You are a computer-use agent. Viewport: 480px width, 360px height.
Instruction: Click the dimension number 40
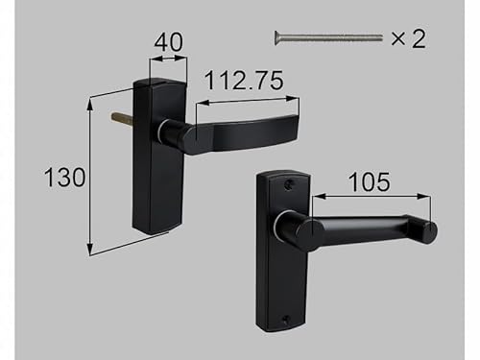(x=169, y=42)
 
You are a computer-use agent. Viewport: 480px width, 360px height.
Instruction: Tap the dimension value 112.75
(x=244, y=80)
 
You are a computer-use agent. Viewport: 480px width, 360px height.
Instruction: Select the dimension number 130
(x=64, y=177)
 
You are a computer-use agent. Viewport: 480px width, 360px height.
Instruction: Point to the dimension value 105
(x=369, y=181)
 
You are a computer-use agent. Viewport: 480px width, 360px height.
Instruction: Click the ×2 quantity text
(x=408, y=38)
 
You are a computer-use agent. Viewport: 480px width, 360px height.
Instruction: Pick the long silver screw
(x=328, y=37)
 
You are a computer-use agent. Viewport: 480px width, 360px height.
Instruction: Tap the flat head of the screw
(x=276, y=37)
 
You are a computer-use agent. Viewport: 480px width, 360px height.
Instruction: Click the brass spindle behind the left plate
(x=122, y=117)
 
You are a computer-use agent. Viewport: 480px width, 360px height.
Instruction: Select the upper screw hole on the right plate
(x=288, y=184)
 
